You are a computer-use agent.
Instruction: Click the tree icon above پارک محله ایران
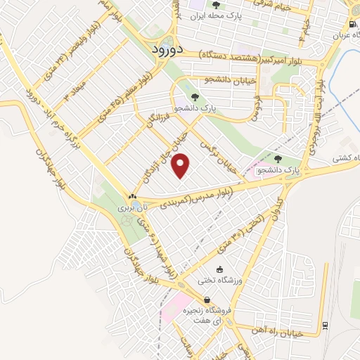pyautogui.click(x=205, y=5)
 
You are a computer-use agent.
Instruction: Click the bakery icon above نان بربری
pyautogui.click(x=131, y=196)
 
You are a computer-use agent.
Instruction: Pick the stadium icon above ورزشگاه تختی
pyautogui.click(x=219, y=269)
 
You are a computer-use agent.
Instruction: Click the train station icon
pyautogui.click(x=325, y=325)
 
